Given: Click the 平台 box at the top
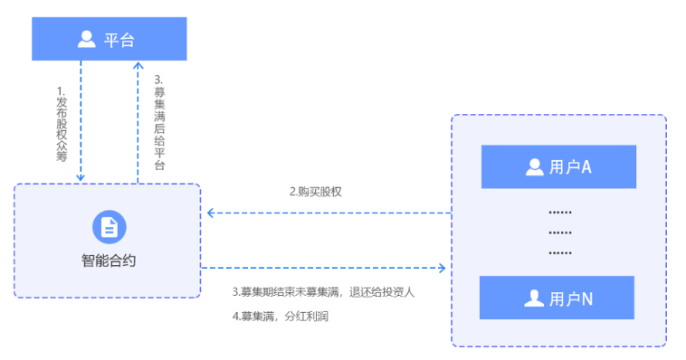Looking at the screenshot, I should pos(110,39).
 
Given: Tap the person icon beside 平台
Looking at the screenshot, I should pos(87,39).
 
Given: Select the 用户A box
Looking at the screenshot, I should pos(558,166).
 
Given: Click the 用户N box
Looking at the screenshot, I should pos(557,298).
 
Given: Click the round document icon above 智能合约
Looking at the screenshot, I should pos(109,227).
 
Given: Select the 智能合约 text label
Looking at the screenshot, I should pos(109,261).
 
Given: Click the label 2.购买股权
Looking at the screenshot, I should pos(315,192).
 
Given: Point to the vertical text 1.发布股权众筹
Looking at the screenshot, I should pos(62,124).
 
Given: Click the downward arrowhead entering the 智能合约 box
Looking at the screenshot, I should pos(81,178).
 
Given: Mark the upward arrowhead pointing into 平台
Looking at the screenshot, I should pos(138,66).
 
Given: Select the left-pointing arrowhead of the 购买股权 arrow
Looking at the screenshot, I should pos(211,213).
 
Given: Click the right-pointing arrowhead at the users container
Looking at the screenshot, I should pos(442,268).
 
